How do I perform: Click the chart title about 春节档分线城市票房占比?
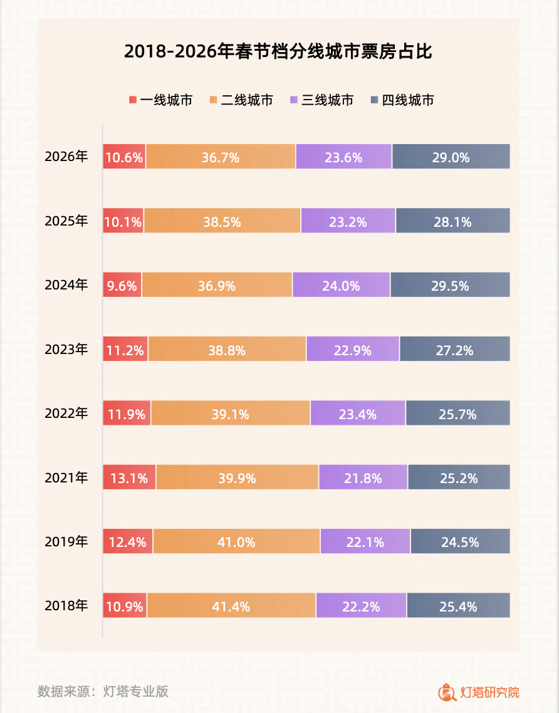point(278,52)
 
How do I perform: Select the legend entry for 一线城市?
point(160,100)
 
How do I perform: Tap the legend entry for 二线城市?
point(241,100)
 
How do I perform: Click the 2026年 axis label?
point(66,157)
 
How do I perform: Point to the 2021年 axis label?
point(66,477)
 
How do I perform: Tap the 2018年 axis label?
point(66,605)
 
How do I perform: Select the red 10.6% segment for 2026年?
point(124,157)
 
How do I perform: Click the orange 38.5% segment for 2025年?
point(222,221)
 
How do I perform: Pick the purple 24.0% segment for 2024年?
point(341,285)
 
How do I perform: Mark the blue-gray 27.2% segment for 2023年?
point(454,349)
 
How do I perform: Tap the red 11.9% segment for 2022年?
point(127,414)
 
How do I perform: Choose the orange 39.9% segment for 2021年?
point(237,477)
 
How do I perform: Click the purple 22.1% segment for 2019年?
point(365,541)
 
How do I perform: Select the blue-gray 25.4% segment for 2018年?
point(458,605)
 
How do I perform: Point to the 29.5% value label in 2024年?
point(450,285)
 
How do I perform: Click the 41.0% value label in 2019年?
point(236,542)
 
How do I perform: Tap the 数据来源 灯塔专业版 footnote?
point(103,692)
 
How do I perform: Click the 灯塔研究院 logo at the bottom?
point(479,692)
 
